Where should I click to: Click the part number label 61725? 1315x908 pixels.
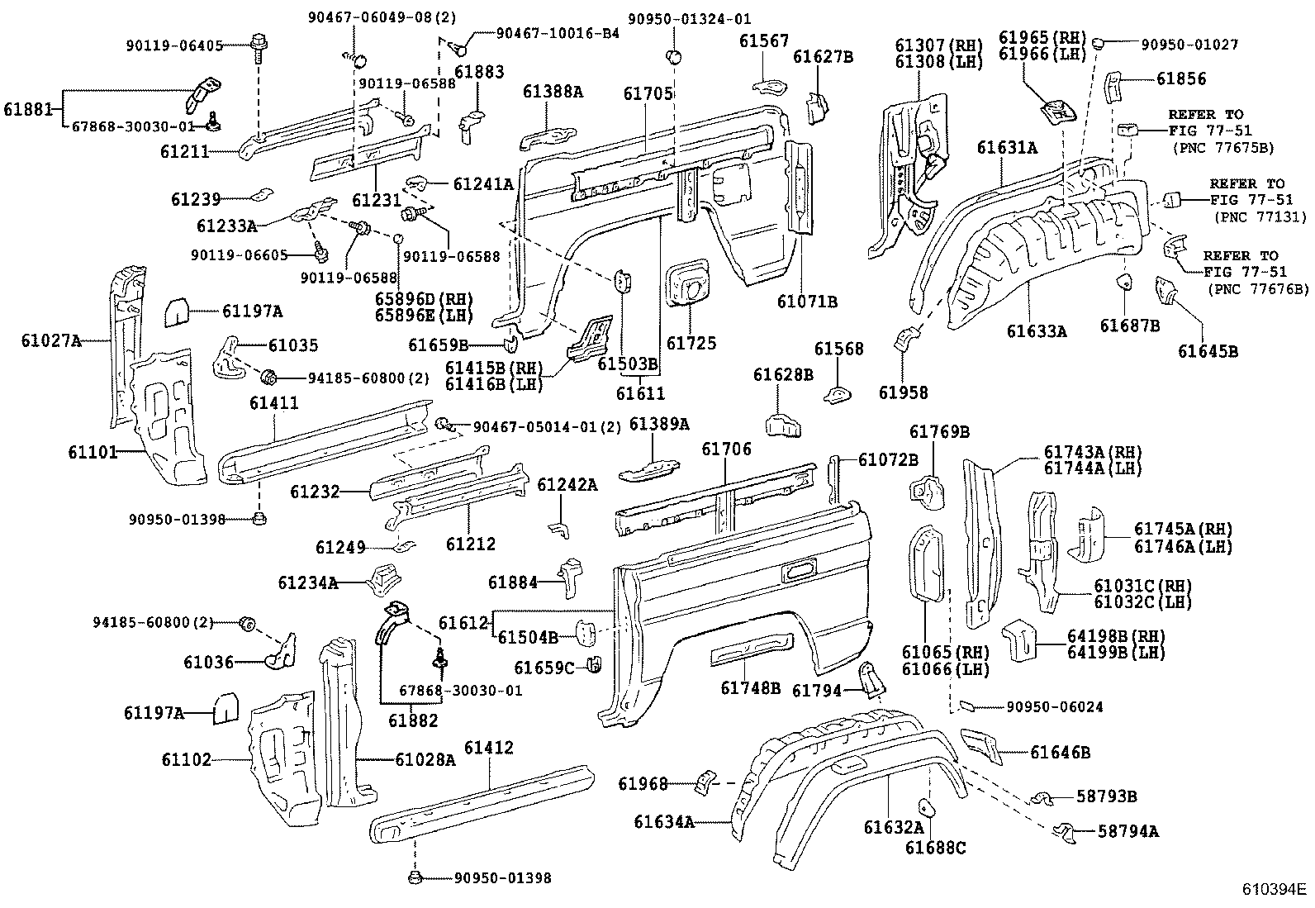(x=691, y=343)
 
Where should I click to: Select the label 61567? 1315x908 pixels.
(x=764, y=40)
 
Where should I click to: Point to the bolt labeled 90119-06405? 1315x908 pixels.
(x=257, y=49)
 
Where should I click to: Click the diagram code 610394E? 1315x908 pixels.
(x=1274, y=889)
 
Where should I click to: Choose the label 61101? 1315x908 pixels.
(x=93, y=452)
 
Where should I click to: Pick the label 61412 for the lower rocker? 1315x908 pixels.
(x=488, y=747)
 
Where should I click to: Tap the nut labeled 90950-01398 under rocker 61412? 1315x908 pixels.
(x=415, y=877)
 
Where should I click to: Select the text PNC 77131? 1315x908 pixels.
(x=1260, y=216)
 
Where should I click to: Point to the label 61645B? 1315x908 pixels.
(x=1208, y=351)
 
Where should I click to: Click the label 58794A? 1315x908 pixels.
(x=1127, y=831)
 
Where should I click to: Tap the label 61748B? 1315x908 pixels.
(x=750, y=687)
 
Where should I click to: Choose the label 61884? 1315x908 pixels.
(x=512, y=582)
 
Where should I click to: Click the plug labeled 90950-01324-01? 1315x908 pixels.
(x=674, y=57)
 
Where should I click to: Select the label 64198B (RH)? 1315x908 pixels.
(x=1116, y=635)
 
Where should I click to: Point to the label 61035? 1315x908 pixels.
(x=293, y=345)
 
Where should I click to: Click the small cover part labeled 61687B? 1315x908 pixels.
(x=1124, y=282)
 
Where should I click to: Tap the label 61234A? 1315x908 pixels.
(x=307, y=582)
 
